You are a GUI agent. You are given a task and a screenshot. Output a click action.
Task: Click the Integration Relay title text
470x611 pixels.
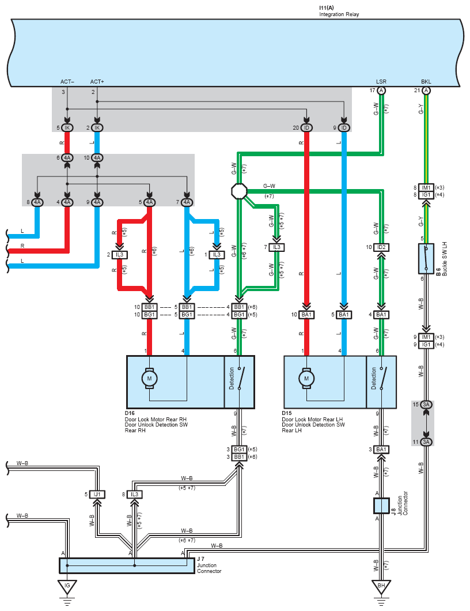[x=339, y=14]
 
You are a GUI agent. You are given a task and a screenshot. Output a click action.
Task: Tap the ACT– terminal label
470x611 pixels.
[x=67, y=82]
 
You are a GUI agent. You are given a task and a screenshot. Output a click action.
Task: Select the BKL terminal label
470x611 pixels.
[x=426, y=82]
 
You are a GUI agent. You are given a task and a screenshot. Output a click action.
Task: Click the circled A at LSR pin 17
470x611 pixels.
[x=381, y=91]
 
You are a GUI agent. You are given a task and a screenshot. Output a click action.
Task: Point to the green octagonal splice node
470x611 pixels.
[x=239, y=191]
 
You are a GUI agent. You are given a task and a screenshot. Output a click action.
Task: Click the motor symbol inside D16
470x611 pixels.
[x=149, y=378]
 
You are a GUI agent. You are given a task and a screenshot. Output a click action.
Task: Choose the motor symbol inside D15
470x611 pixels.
[x=306, y=378]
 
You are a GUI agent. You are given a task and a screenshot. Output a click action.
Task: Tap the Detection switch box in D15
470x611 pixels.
[x=381, y=382]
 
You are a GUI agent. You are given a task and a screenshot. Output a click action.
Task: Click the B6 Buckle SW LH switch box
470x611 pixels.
[x=426, y=259]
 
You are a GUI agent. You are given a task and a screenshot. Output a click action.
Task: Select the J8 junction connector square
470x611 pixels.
[x=381, y=506]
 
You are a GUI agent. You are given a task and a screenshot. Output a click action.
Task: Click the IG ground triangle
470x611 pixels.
[x=67, y=587]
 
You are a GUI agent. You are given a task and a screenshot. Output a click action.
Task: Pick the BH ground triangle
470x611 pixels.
[x=381, y=587]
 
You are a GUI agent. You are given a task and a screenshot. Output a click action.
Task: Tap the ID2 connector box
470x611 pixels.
[x=381, y=247]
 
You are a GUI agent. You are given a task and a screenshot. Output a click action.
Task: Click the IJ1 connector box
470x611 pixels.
[x=97, y=495]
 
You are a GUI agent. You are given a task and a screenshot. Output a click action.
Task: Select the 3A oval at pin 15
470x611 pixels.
[x=426, y=405]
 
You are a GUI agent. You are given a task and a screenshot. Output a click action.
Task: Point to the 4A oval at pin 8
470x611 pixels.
[x=37, y=202]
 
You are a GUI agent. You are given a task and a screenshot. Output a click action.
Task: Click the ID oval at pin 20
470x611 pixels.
[x=306, y=128]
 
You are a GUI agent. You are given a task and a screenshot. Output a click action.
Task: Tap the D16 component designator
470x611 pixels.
[x=130, y=413]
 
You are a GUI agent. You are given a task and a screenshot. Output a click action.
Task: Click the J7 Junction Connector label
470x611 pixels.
[x=209, y=565]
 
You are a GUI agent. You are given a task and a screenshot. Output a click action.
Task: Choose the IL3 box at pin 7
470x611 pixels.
[x=276, y=247]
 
